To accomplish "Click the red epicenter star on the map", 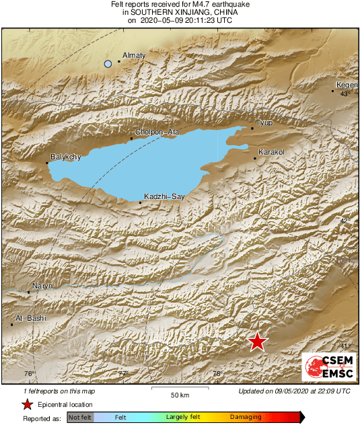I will click(x=257, y=342).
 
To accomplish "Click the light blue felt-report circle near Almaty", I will click(x=108, y=64).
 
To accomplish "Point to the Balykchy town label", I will click(x=65, y=157).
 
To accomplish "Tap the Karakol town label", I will click(x=272, y=153).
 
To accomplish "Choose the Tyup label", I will click(x=264, y=123).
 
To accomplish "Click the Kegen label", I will click(x=346, y=85).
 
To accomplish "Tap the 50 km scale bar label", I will click(x=178, y=394).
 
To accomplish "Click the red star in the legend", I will click(x=27, y=404).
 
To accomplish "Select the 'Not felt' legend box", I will click(x=80, y=418).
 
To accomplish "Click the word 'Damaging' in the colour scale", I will click(x=246, y=418).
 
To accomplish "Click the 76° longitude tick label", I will click(x=29, y=374).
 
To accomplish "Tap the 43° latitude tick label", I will click(x=345, y=94).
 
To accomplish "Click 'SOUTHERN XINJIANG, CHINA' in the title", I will click(x=180, y=12).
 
